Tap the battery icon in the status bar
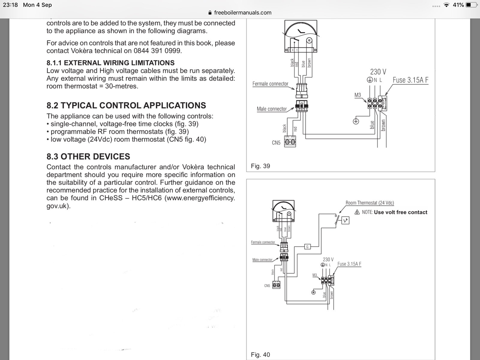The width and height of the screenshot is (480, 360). tap(471, 5)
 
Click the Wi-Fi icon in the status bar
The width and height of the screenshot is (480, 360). tap(446, 5)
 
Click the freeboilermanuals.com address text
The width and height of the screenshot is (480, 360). tap(243, 13)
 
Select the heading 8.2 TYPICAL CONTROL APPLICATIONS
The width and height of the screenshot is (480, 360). tap(126, 105)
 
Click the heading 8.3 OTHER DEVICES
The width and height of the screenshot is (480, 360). tap(88, 156)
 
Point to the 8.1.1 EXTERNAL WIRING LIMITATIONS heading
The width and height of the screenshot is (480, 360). tap(110, 63)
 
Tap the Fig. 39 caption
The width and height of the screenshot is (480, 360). tap(260, 166)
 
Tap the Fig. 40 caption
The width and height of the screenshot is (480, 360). tap(260, 355)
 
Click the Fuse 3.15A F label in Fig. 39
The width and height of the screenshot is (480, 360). tap(410, 80)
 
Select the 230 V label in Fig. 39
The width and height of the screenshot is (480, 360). tap(378, 72)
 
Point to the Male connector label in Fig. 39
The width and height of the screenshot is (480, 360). tap(272, 109)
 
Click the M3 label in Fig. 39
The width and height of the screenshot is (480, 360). tap(358, 95)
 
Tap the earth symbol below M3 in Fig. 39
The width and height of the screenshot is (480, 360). tap(356, 121)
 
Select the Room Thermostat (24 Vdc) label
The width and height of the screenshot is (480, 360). tap(370, 203)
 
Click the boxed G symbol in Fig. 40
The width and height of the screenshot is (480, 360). tap(307, 247)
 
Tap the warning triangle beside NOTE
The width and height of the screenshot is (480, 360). tap(357, 212)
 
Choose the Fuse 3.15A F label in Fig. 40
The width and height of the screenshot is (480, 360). tap(349, 264)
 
